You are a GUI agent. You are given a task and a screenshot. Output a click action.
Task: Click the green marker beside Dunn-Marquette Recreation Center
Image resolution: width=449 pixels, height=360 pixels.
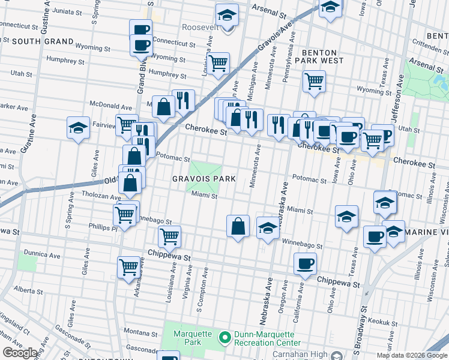point(225,338)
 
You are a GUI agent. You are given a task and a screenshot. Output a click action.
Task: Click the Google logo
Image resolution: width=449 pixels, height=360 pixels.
point(20,353)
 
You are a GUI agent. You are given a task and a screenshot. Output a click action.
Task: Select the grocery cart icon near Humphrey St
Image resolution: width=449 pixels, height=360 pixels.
point(218,62)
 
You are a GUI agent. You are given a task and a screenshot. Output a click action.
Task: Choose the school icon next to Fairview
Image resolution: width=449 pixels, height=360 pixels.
point(78,127)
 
